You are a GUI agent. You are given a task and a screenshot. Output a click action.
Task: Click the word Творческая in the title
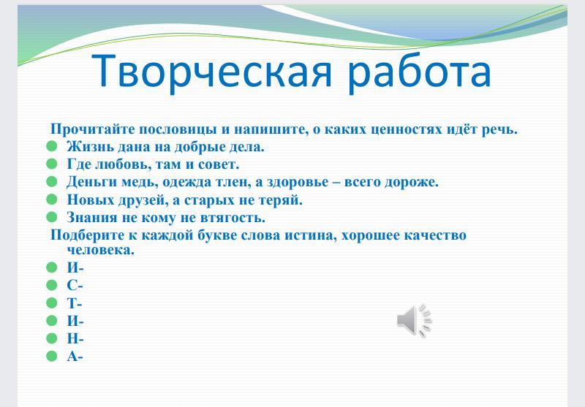tap(211, 71)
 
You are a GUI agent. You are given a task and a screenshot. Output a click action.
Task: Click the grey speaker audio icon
tap(414, 321)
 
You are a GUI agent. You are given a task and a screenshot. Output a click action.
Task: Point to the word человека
tap(101, 250)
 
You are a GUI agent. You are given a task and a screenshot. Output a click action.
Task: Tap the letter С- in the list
tap(75, 286)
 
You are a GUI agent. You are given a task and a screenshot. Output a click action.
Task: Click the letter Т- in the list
tap(75, 303)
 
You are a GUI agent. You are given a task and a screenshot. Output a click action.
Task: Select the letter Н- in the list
tap(75, 338)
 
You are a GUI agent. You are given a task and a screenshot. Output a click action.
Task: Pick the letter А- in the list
tap(75, 357)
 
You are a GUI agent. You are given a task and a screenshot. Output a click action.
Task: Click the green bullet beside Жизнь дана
tap(52, 145)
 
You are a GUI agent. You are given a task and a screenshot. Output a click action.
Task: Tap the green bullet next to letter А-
tap(52, 356)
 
